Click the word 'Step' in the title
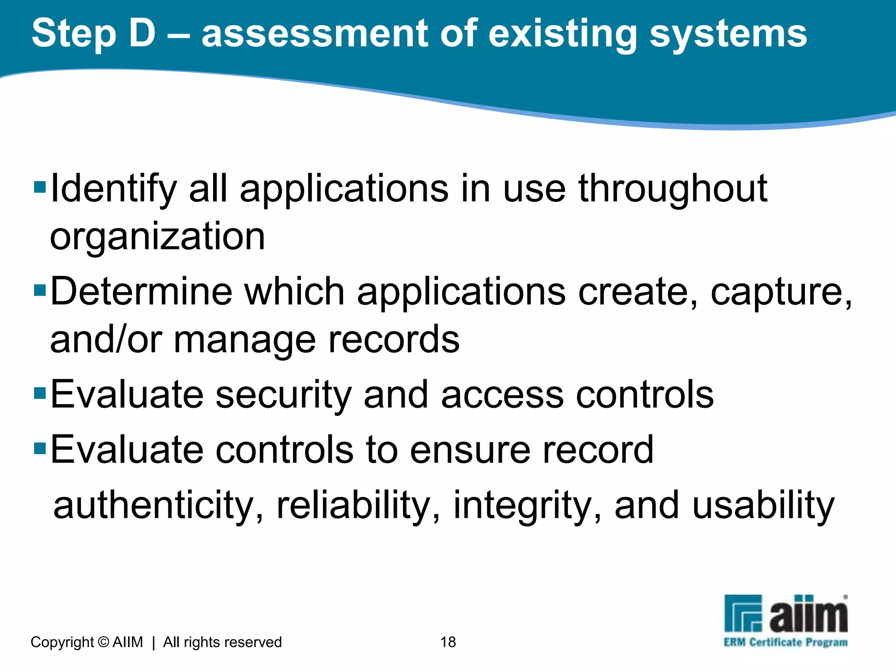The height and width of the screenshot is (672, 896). pos(74,34)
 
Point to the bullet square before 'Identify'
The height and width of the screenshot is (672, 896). pos(40,188)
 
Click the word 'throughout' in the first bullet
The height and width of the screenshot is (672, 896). pos(672,189)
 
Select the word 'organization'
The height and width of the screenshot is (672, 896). pos(157,237)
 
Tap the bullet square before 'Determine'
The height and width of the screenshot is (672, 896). pos(40,290)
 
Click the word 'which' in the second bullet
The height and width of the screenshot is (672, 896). pos(294,292)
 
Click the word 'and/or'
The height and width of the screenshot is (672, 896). pos(106,339)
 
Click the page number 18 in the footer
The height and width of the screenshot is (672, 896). pos(448,642)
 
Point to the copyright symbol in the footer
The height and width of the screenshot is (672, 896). pos(103,642)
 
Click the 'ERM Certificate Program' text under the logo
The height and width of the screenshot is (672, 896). pos(785,642)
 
